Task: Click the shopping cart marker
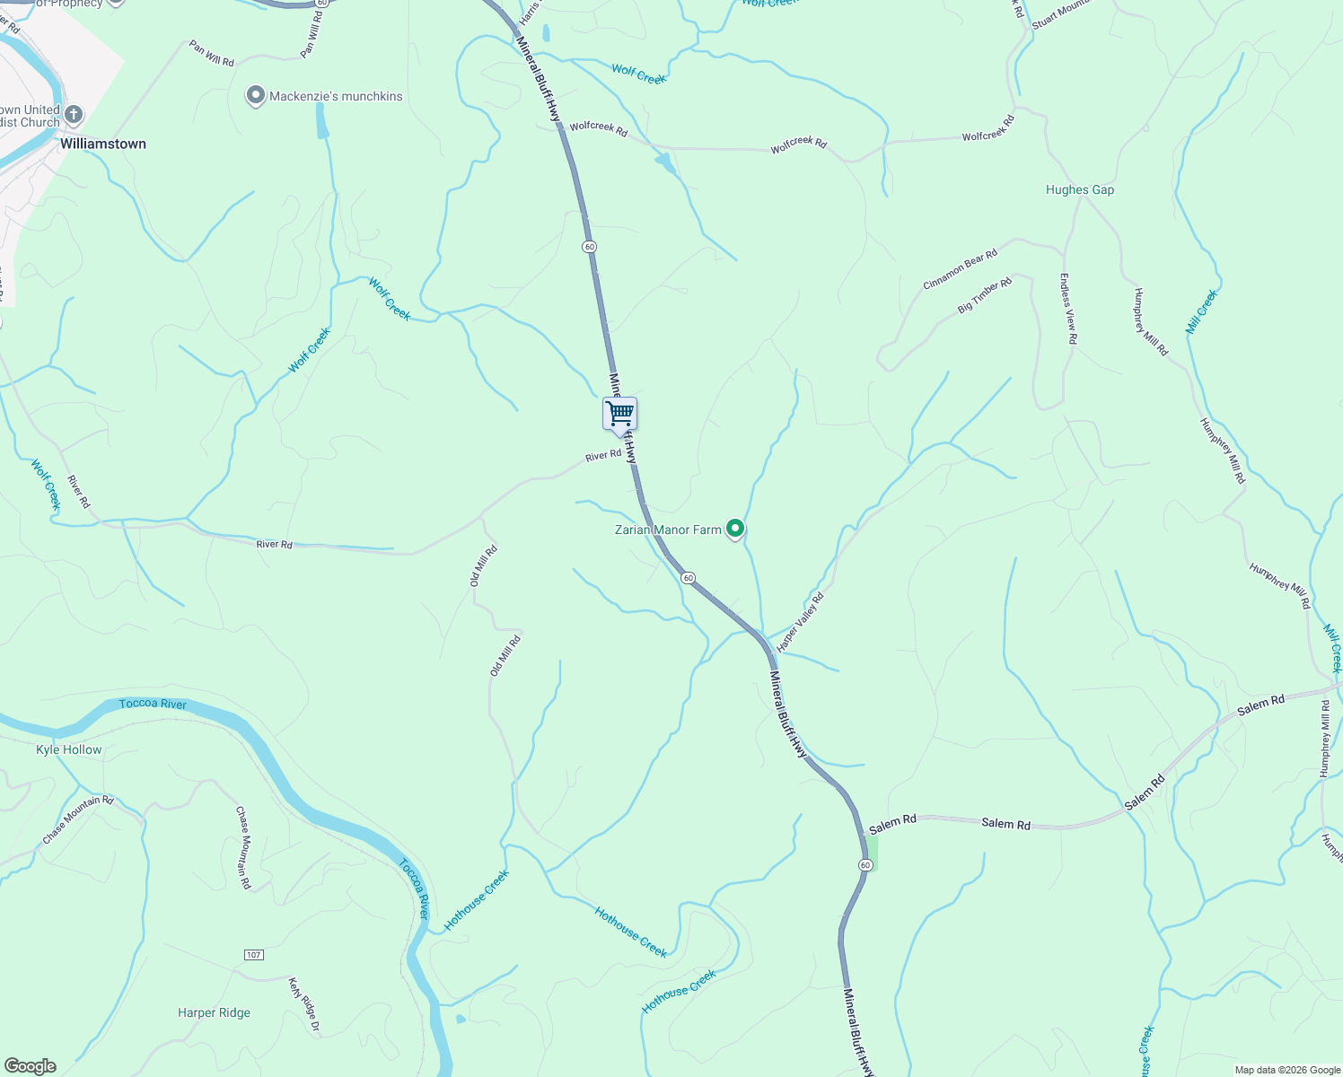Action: click(619, 415)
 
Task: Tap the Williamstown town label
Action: click(102, 144)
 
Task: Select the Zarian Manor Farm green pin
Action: click(735, 530)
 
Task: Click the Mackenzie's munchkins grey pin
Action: click(256, 95)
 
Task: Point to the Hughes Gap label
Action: click(1080, 190)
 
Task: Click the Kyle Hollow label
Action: click(69, 750)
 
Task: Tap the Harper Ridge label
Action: click(214, 1013)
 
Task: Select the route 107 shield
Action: click(254, 954)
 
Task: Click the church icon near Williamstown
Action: click(74, 114)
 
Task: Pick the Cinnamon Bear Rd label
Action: click(961, 270)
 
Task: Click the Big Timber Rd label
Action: click(985, 295)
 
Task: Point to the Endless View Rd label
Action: click(1067, 309)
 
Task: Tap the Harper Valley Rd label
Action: click(800, 622)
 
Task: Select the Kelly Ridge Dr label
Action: click(304, 1006)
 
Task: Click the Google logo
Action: click(30, 1066)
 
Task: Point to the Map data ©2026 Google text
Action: click(1287, 1070)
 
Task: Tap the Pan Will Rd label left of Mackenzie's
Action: click(212, 54)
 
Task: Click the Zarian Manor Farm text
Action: click(668, 530)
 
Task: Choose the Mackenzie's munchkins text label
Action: click(336, 97)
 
